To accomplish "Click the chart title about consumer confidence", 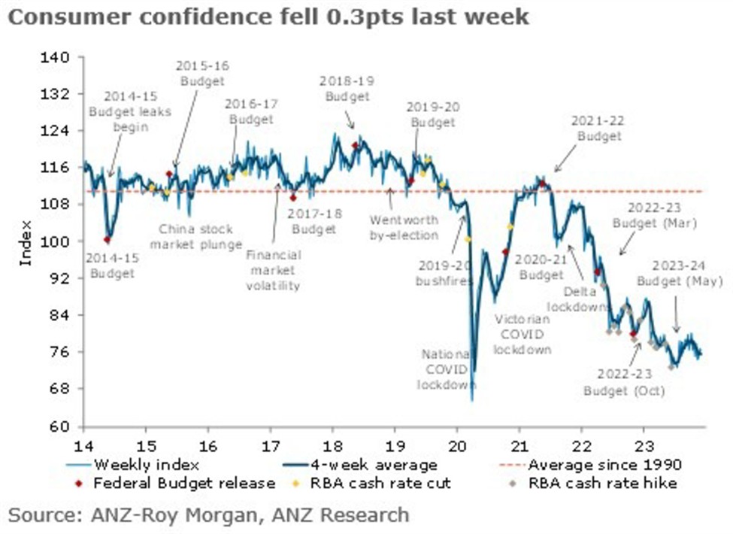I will [x=268, y=17].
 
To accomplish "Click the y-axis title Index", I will [x=26, y=242].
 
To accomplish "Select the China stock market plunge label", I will [x=195, y=237].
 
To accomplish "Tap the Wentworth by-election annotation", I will [x=404, y=228].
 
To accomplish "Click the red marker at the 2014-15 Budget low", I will [x=107, y=239].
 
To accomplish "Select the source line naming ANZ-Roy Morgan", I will [x=209, y=515].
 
